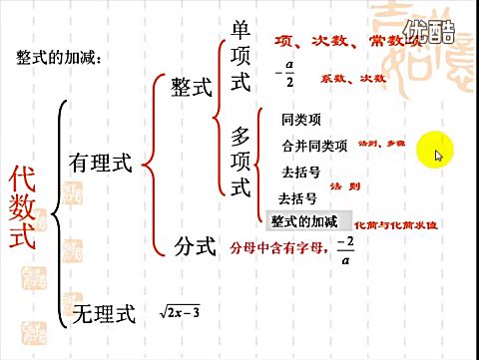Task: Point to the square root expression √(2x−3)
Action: (x=180, y=313)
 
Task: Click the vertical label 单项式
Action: (x=240, y=57)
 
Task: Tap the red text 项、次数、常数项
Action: (x=355, y=41)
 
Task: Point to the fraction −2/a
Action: (x=345, y=248)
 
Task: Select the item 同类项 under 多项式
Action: (x=301, y=120)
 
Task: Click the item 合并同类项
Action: (x=314, y=146)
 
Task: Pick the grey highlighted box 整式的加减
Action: (x=304, y=220)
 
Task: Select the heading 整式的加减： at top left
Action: (x=60, y=58)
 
